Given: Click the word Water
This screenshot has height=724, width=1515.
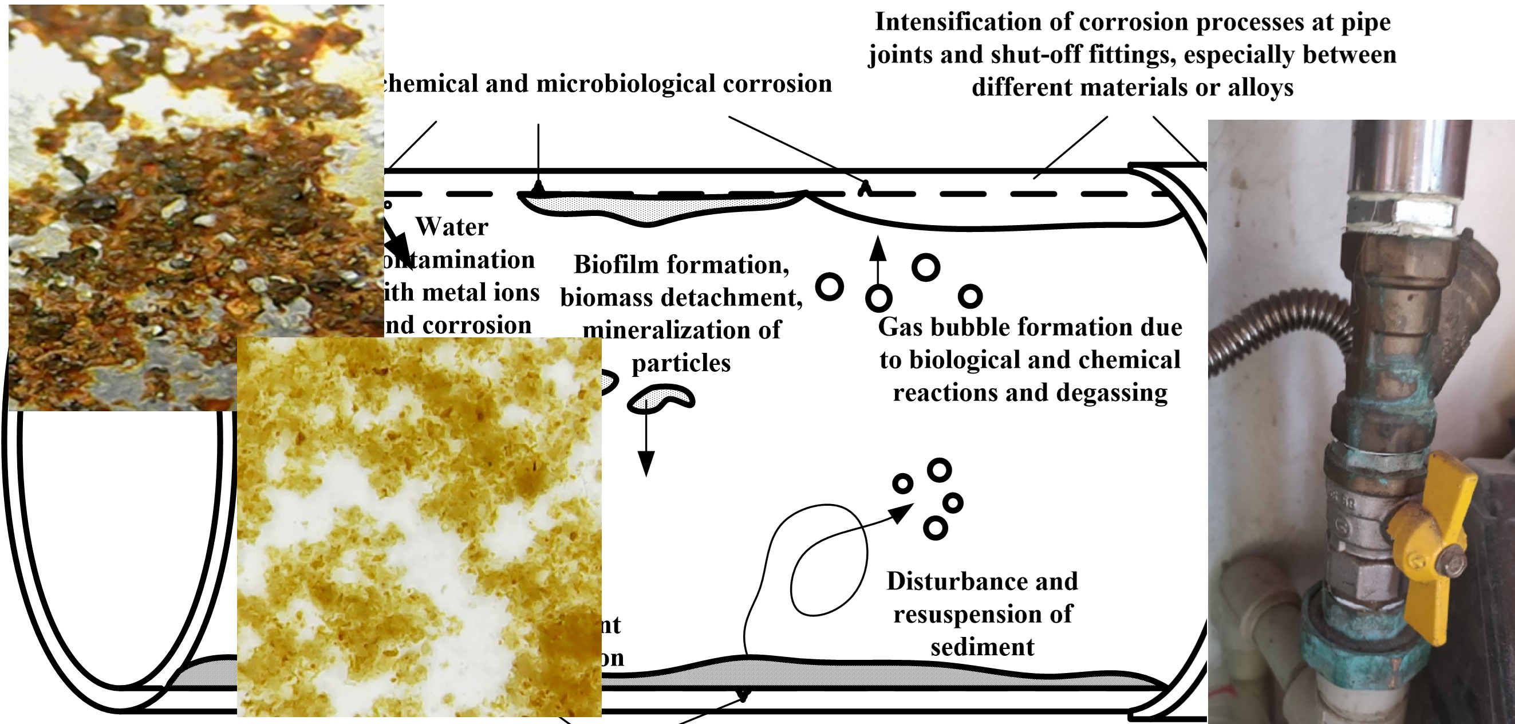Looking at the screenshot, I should coord(452,227).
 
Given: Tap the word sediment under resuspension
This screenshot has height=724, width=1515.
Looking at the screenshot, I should coord(982,647).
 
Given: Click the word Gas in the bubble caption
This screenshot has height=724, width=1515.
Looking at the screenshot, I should coord(899,328).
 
